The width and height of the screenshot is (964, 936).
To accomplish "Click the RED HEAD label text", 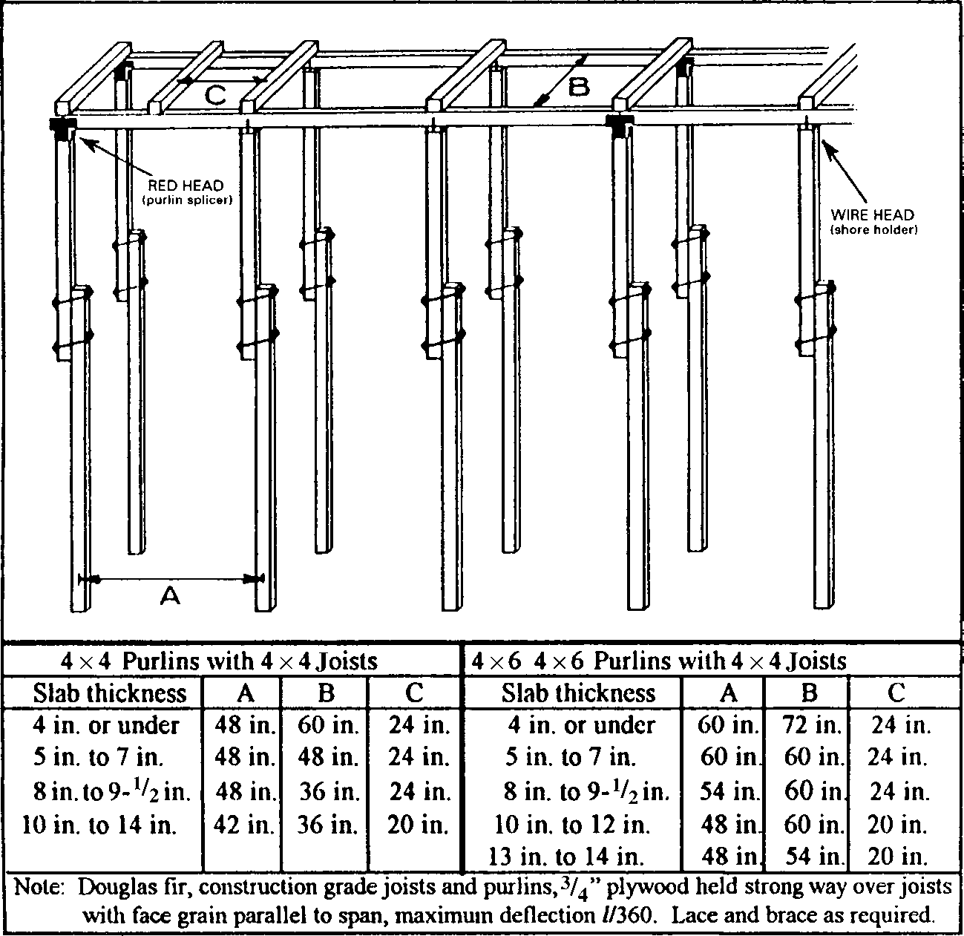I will coord(186,186).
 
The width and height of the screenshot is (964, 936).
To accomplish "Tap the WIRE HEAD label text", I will coord(872,215).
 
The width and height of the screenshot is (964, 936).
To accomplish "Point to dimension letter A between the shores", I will coord(170,595).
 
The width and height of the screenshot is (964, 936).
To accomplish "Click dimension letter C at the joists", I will coord(214,94).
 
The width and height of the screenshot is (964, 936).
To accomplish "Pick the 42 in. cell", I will coord(245,825).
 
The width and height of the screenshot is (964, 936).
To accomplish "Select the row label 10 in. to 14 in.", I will coord(99,825).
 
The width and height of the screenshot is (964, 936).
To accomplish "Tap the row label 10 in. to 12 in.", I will coord(571,825).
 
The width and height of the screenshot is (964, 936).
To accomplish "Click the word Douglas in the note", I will coord(116,887).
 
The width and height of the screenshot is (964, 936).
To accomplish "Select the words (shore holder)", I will coord(873,230).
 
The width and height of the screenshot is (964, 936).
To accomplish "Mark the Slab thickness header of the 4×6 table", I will coord(578,693).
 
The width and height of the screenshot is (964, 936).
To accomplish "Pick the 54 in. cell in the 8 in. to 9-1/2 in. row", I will coord(730,792).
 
